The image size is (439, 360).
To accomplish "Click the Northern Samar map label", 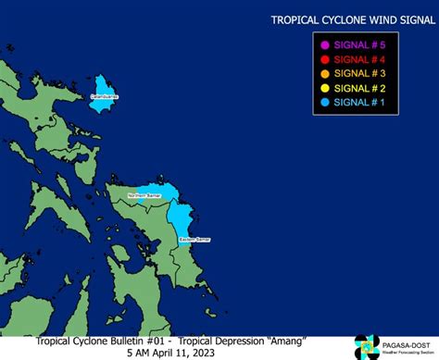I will tap(144, 196).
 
